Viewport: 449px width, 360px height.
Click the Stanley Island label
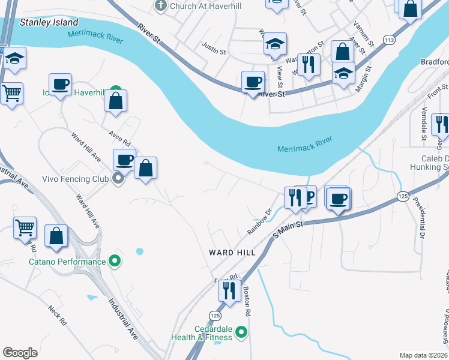[49, 22]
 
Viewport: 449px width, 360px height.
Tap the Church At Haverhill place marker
[160, 5]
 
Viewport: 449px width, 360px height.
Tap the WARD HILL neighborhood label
[232, 253]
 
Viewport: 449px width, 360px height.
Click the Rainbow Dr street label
[260, 222]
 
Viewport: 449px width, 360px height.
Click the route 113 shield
[390, 40]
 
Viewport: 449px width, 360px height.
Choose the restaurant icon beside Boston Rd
[229, 290]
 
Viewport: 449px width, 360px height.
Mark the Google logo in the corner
[20, 353]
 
